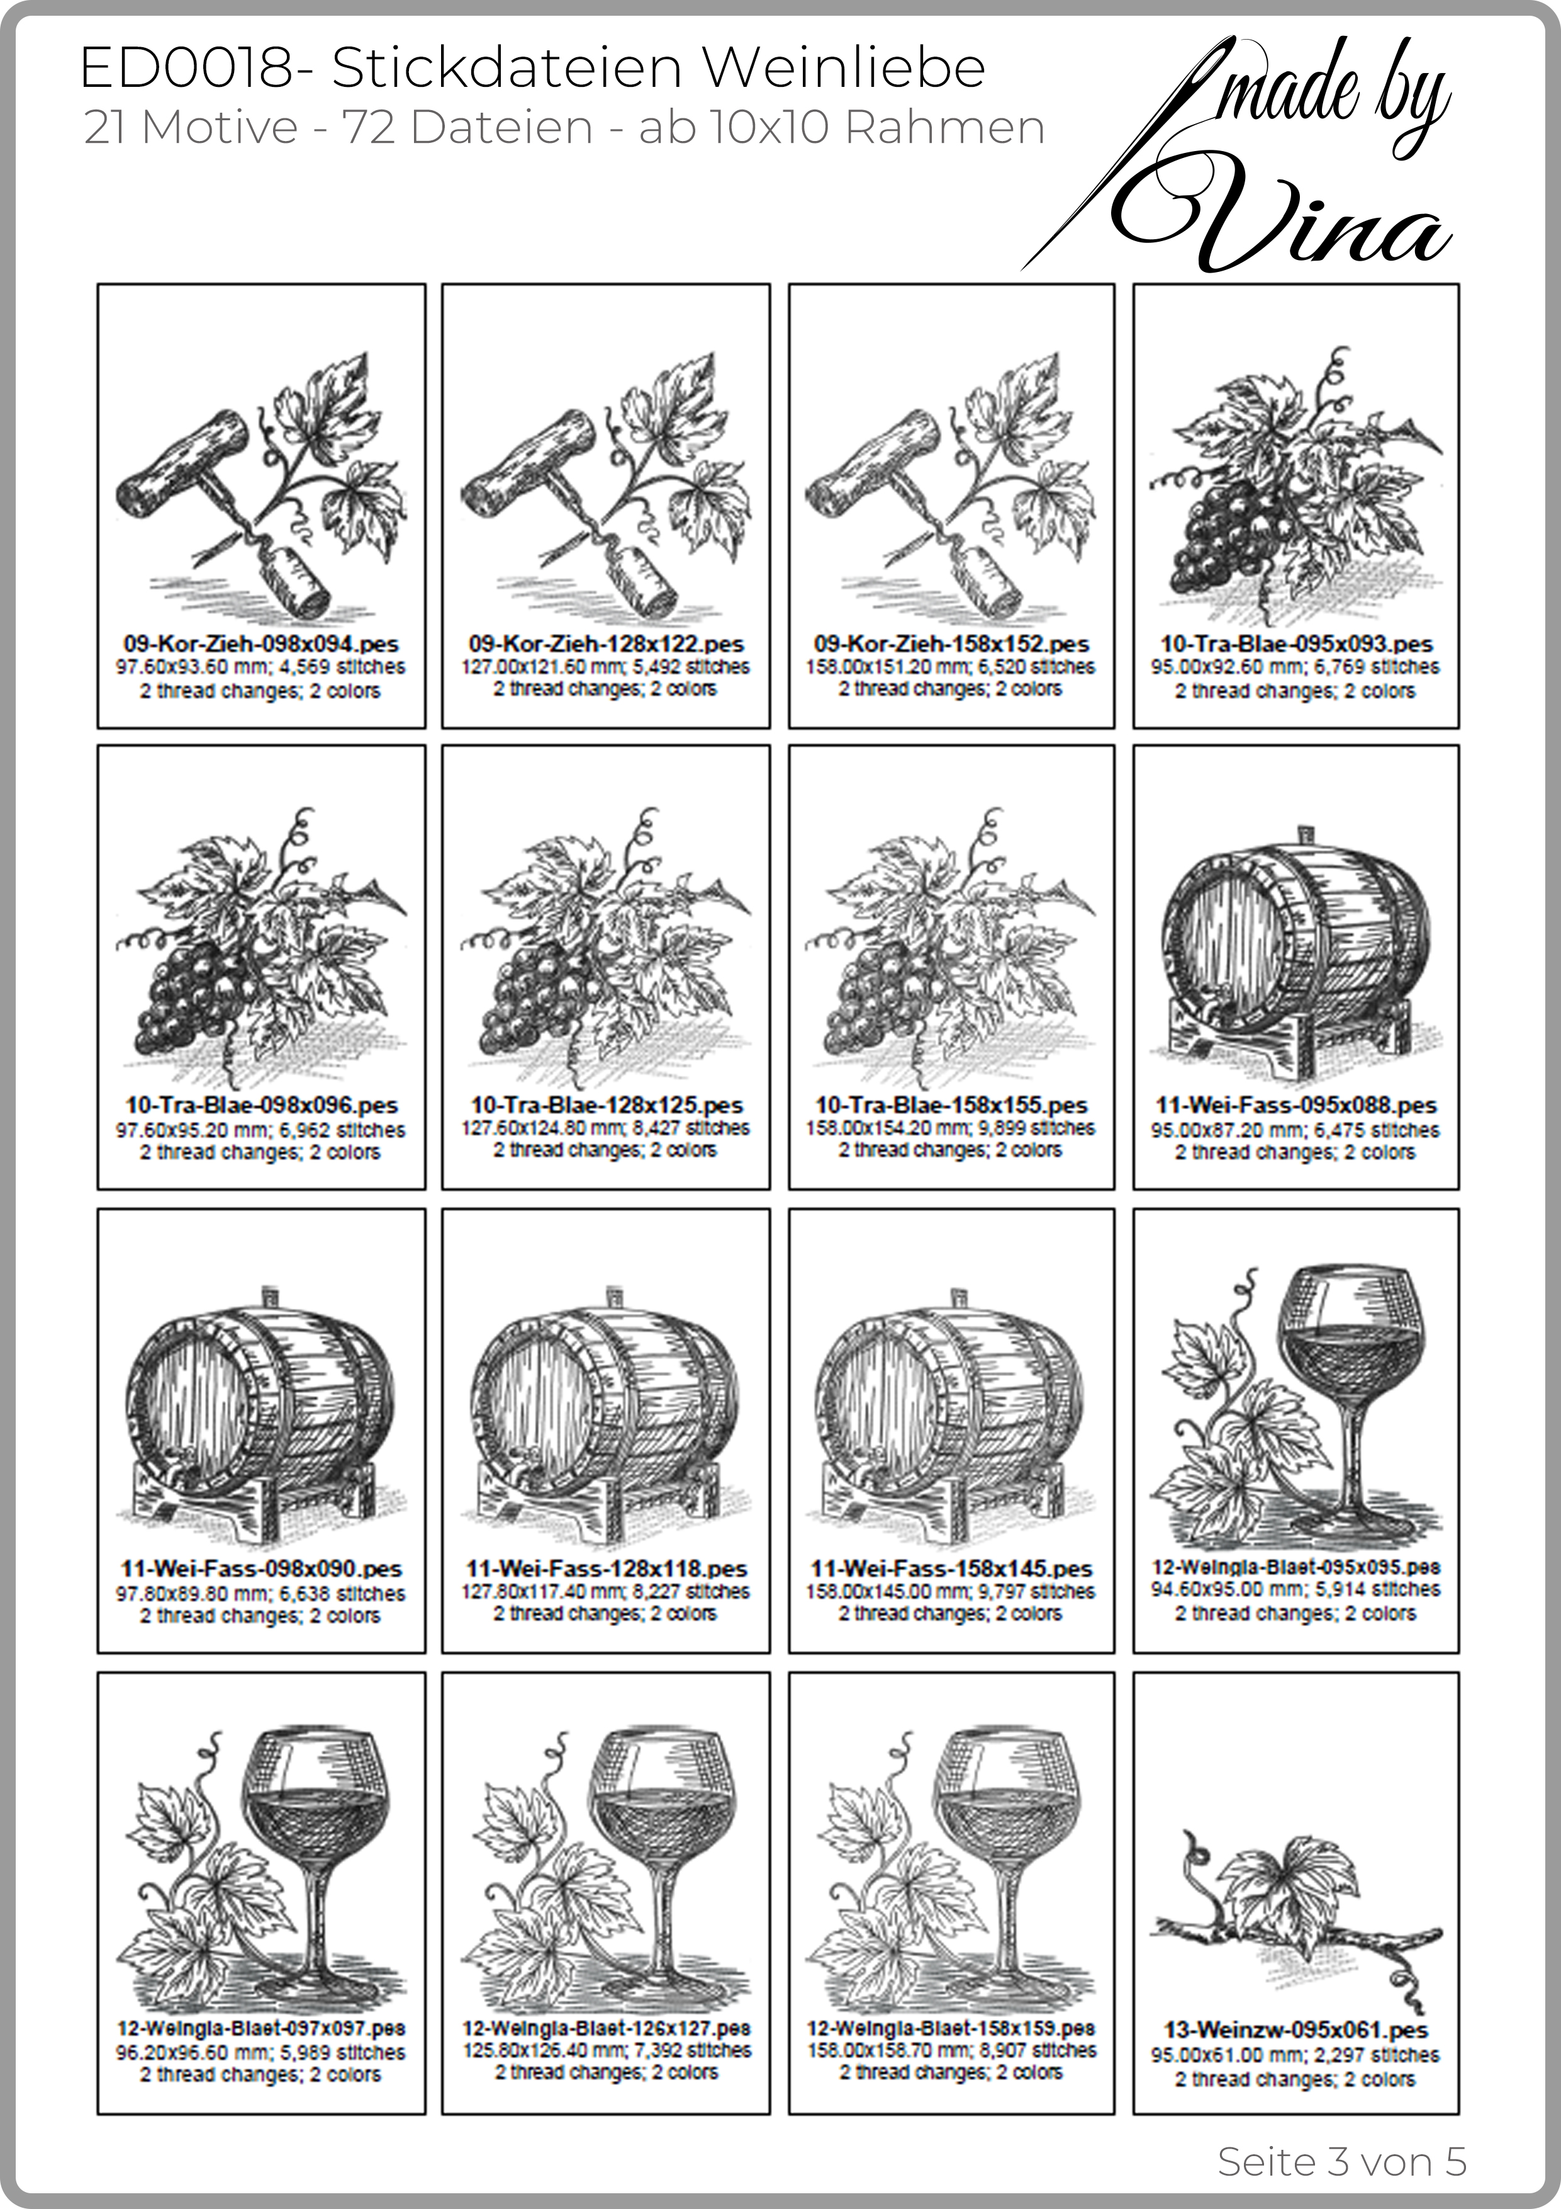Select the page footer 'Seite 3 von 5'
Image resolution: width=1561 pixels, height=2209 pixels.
1341,2134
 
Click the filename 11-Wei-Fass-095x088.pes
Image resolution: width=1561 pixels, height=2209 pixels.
1297,1105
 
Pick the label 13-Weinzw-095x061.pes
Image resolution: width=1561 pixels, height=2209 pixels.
1297,2030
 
